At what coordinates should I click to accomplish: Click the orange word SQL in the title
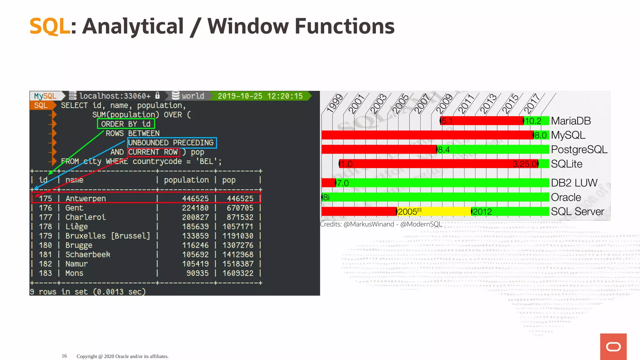click(x=50, y=26)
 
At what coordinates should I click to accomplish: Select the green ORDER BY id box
click(x=126, y=124)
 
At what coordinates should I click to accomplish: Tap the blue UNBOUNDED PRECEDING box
click(x=172, y=143)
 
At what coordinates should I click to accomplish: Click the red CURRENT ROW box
click(x=153, y=152)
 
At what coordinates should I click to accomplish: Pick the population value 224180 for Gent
click(x=195, y=208)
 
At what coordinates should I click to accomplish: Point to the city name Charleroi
click(x=86, y=217)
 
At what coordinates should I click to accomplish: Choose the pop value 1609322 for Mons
click(x=238, y=273)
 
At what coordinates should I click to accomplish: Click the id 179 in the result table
click(x=45, y=236)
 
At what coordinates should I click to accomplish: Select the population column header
click(x=186, y=180)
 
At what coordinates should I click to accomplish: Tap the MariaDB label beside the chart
click(x=571, y=121)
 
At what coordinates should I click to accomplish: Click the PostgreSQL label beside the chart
click(x=579, y=149)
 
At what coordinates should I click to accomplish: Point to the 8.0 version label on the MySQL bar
click(x=540, y=135)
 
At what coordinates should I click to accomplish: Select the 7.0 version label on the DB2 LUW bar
click(x=342, y=183)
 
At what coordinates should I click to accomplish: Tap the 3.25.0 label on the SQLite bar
click(x=525, y=164)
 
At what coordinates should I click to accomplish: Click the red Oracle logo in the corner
click(x=613, y=347)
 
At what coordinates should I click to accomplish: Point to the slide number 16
click(x=64, y=356)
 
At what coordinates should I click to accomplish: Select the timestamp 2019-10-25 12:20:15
click(x=260, y=96)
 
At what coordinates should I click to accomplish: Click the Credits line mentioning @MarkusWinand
click(x=381, y=224)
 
